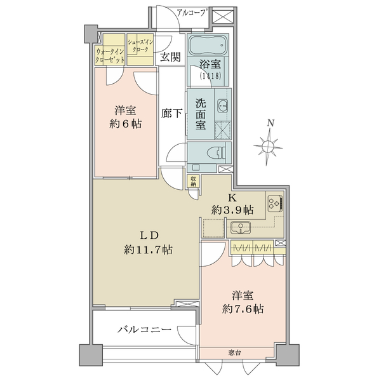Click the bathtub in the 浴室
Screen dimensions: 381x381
(x=208, y=46)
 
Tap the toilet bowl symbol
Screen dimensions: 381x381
(x=217, y=153)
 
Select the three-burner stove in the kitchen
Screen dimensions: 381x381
(x=276, y=203)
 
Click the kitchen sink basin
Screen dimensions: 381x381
(x=241, y=227)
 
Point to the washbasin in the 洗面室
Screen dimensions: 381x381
(x=223, y=106)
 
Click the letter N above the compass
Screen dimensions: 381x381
(x=271, y=123)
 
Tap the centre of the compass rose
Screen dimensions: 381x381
(x=268, y=147)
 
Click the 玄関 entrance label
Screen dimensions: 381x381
(x=170, y=57)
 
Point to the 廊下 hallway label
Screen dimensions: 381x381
(x=171, y=113)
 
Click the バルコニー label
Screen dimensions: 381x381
(x=145, y=330)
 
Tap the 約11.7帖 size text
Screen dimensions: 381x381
(x=148, y=250)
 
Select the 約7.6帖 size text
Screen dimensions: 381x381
(x=243, y=309)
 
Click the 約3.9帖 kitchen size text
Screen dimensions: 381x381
(x=232, y=210)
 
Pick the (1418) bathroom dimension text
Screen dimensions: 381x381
(x=210, y=76)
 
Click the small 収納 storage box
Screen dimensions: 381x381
(x=193, y=181)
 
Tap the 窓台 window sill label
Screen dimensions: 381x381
(x=235, y=352)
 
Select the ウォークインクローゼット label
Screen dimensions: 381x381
(x=110, y=56)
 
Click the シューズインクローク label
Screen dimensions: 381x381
(x=140, y=46)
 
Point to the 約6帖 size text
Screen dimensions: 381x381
(x=125, y=124)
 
